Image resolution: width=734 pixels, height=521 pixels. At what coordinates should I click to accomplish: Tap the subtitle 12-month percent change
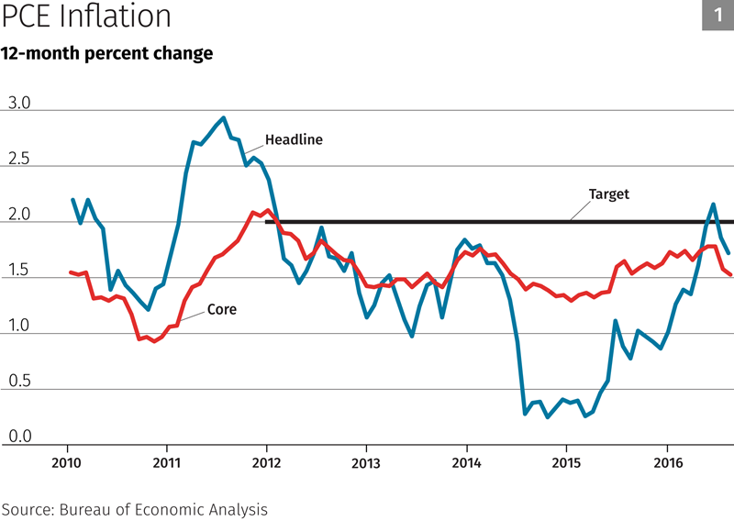(x=106, y=53)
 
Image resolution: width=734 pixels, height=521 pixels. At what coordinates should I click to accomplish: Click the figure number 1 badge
(x=717, y=16)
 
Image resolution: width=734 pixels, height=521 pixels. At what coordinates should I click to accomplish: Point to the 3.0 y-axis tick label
(x=19, y=104)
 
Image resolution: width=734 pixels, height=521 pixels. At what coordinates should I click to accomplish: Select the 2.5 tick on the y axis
(x=19, y=160)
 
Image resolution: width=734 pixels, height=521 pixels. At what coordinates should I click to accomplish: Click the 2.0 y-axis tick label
(x=19, y=216)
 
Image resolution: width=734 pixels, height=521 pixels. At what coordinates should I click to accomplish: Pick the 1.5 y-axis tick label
(x=19, y=271)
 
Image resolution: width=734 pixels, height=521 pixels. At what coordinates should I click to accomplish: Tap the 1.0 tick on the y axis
(x=19, y=327)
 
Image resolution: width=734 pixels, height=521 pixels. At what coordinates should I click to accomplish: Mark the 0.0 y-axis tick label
(x=19, y=438)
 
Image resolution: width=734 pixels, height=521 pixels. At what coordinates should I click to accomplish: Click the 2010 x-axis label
(x=66, y=461)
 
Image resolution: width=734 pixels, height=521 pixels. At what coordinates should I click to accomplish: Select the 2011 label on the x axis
(x=166, y=461)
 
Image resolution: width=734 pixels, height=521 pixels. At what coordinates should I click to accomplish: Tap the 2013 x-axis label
(x=366, y=461)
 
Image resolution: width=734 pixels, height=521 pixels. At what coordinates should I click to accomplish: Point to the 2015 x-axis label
(x=566, y=461)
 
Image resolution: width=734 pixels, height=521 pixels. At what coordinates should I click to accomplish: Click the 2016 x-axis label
(x=667, y=461)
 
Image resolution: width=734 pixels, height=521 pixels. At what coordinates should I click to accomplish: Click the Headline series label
(x=294, y=140)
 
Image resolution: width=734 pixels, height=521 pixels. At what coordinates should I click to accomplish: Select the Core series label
(x=221, y=310)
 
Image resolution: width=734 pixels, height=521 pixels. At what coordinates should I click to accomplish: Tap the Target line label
(x=608, y=194)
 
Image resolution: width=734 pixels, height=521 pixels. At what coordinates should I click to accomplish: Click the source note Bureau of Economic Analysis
(x=135, y=507)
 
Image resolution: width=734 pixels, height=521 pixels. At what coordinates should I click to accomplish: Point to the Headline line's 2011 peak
(x=224, y=118)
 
